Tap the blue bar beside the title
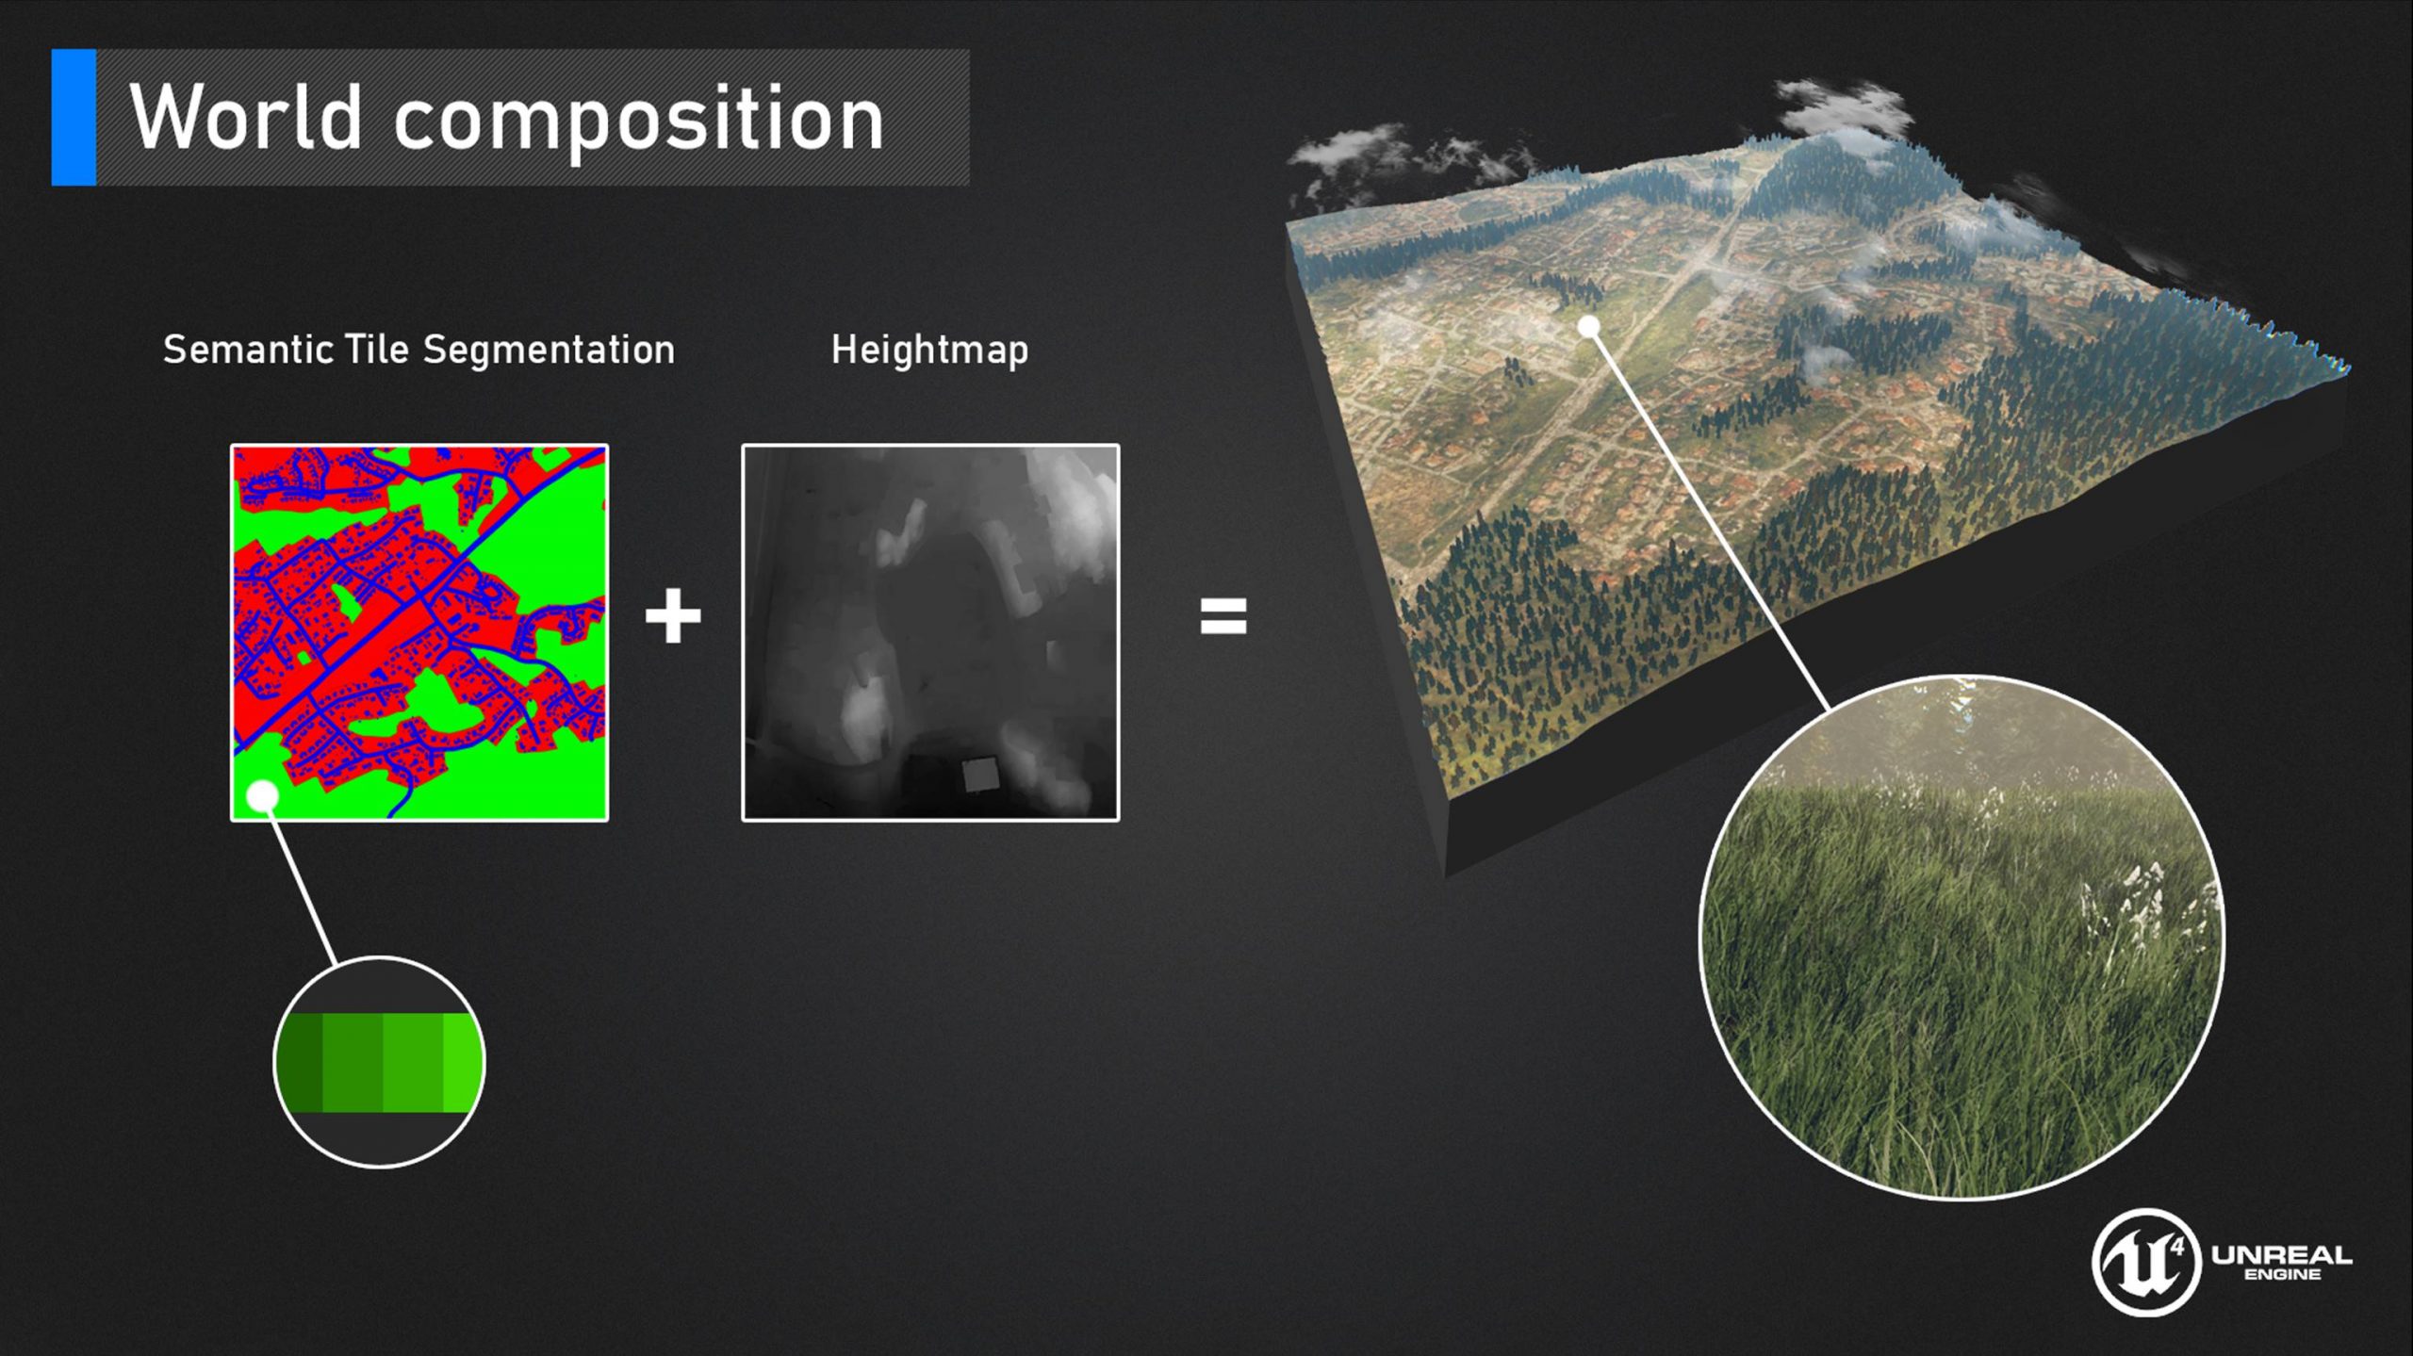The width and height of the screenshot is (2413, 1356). pyautogui.click(x=74, y=117)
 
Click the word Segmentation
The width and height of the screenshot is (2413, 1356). pyautogui.click(x=549, y=350)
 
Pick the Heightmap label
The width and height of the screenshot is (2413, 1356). pyautogui.click(x=929, y=350)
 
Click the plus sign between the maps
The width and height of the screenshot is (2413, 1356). pyautogui.click(x=673, y=616)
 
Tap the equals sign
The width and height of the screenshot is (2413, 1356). pyautogui.click(x=1223, y=616)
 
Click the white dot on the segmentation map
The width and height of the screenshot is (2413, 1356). pyautogui.click(x=262, y=797)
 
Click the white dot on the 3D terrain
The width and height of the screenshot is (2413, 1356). pyautogui.click(x=1589, y=327)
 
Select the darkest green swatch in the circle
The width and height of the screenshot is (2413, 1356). pyautogui.click(x=301, y=1063)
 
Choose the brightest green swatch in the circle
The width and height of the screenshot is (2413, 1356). pyautogui.click(x=463, y=1063)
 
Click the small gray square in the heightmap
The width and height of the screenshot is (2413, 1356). pyautogui.click(x=980, y=775)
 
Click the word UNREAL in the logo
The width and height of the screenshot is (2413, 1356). pyautogui.click(x=2282, y=1255)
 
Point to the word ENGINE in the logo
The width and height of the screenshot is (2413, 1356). pyautogui.click(x=2283, y=1275)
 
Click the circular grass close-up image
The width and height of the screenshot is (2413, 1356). pyautogui.click(x=1962, y=938)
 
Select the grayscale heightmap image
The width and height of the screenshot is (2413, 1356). pyautogui.click(x=930, y=632)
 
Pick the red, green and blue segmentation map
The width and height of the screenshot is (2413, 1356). pyautogui.click(x=419, y=632)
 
